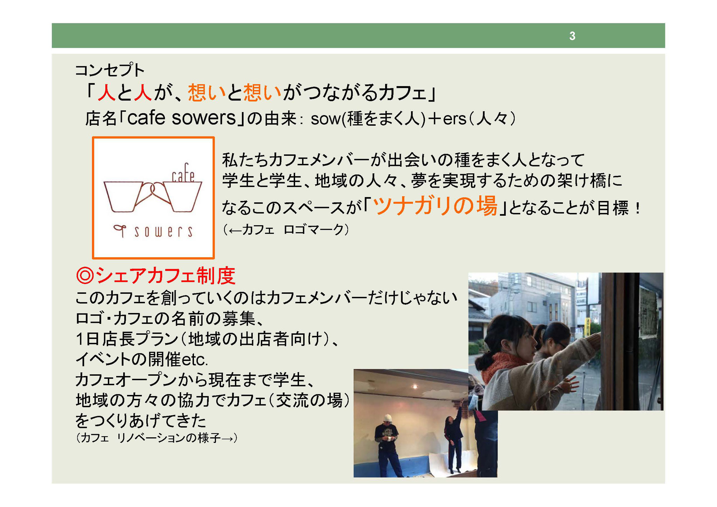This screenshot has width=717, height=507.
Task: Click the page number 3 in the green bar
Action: (572, 36)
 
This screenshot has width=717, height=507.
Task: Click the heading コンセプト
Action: (110, 70)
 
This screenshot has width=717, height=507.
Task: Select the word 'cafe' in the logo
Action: (183, 173)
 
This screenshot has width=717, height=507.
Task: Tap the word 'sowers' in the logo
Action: (163, 231)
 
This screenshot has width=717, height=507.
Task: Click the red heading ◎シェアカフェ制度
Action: (155, 275)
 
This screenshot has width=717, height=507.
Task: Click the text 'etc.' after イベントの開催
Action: (195, 359)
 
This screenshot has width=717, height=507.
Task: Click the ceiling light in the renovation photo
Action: (415, 387)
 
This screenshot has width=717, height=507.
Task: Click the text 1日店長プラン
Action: (127, 339)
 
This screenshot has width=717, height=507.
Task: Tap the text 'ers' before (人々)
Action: (455, 119)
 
